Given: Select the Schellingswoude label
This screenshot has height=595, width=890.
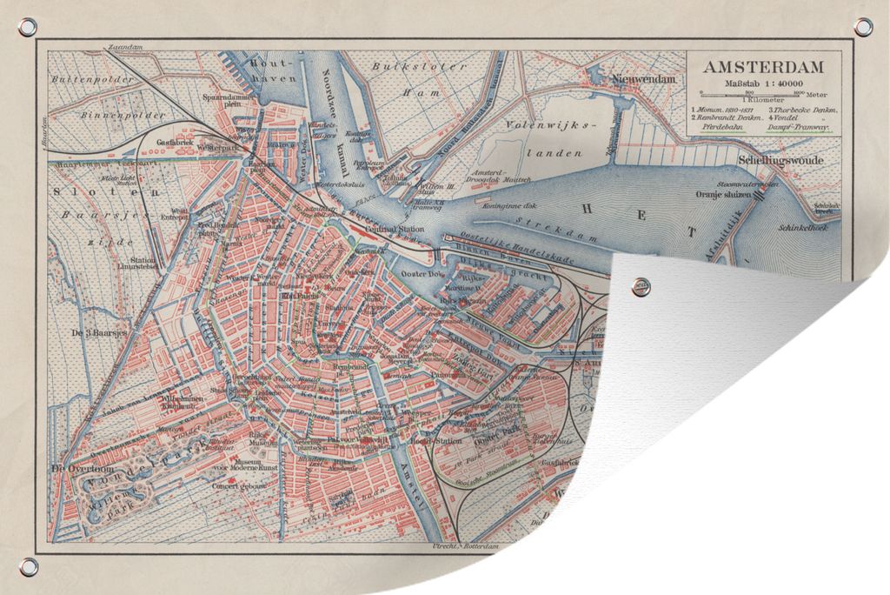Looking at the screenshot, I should (x=780, y=160).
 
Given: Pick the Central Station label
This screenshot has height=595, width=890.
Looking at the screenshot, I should (x=395, y=230).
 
